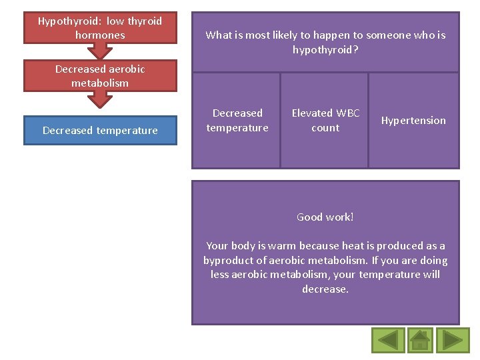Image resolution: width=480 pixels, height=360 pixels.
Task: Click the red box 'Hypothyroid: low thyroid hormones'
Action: tap(100, 28)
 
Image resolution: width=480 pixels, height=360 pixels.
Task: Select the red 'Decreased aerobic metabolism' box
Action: tap(100, 76)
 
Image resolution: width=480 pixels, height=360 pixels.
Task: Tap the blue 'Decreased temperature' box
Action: tap(100, 130)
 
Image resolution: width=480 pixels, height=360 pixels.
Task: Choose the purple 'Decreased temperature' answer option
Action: tap(237, 121)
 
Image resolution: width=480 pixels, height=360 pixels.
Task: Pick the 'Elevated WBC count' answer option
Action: tap(325, 121)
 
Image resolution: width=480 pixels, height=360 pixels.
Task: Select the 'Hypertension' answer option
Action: tap(413, 121)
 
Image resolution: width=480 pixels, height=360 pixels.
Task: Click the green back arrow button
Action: tap(387, 340)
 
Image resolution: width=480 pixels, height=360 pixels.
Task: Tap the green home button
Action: tap(419, 340)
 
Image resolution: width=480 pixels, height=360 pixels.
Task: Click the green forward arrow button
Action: tap(452, 340)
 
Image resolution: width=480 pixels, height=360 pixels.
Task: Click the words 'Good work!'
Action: tap(325, 217)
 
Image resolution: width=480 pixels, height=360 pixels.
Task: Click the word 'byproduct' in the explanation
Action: tap(227, 260)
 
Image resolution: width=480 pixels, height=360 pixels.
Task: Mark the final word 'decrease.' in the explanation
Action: tap(325, 289)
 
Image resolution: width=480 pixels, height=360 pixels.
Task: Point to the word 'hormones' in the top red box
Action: tap(100, 35)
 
